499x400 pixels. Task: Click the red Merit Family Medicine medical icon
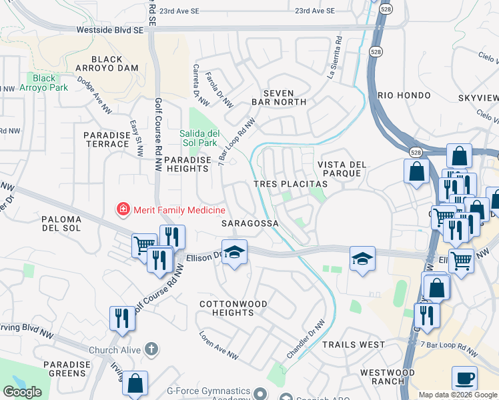pyautogui.click(x=123, y=211)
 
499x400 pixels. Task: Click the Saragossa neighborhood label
pyautogui.click(x=250, y=224)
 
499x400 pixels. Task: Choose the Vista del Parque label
pyautogui.click(x=339, y=169)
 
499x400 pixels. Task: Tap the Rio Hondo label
pyautogui.click(x=404, y=95)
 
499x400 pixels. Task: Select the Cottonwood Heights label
pyautogui.click(x=233, y=309)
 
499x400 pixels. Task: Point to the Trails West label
pyautogui.click(x=353, y=345)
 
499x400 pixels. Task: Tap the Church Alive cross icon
pyautogui.click(x=151, y=349)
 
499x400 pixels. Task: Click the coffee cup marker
pyautogui.click(x=464, y=378)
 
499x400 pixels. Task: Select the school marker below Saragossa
pyautogui.click(x=234, y=252)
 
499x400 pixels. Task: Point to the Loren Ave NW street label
pyautogui.click(x=219, y=346)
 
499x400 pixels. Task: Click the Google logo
pyautogui.click(x=22, y=392)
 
